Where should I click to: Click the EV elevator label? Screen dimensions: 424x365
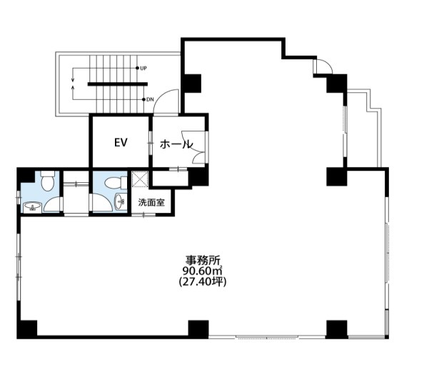(x=121, y=143)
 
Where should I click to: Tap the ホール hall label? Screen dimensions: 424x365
(x=176, y=144)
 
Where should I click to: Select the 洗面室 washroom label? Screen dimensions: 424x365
(x=151, y=202)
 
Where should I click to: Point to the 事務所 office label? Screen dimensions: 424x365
(x=203, y=261)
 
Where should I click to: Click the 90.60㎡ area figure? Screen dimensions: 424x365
(x=202, y=271)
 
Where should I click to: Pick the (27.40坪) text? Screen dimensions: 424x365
(x=203, y=281)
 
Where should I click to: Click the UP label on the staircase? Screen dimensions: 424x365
(x=143, y=69)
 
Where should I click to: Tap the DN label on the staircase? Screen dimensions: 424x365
(x=150, y=99)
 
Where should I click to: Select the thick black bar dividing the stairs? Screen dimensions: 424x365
(x=118, y=84)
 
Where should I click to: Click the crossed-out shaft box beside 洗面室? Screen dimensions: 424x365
(x=140, y=179)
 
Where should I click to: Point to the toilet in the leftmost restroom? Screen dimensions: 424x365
(x=48, y=180)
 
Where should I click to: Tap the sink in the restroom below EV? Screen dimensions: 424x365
(x=121, y=201)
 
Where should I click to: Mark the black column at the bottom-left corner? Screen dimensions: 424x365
(x=27, y=329)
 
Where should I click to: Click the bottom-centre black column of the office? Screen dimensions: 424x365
(x=198, y=329)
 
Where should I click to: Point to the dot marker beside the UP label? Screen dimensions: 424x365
(x=137, y=68)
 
